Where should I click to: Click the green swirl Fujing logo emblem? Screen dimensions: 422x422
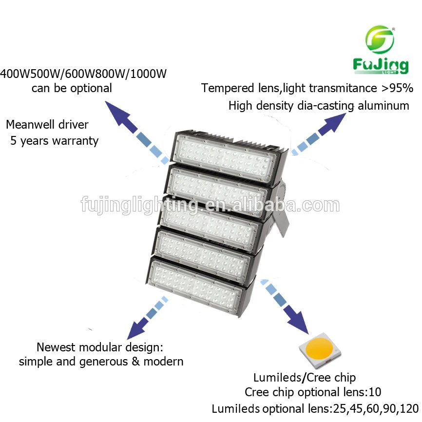[380, 39]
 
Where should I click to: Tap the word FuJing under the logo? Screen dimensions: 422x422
[381, 66]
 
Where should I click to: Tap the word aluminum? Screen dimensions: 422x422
[384, 105]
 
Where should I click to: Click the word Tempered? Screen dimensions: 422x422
[228, 89]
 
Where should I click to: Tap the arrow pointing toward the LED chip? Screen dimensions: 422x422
[284, 307]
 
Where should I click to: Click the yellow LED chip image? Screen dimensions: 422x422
[320, 350]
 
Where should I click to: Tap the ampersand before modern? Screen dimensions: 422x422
[135, 362]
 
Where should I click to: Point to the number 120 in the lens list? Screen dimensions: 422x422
[409, 408]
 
